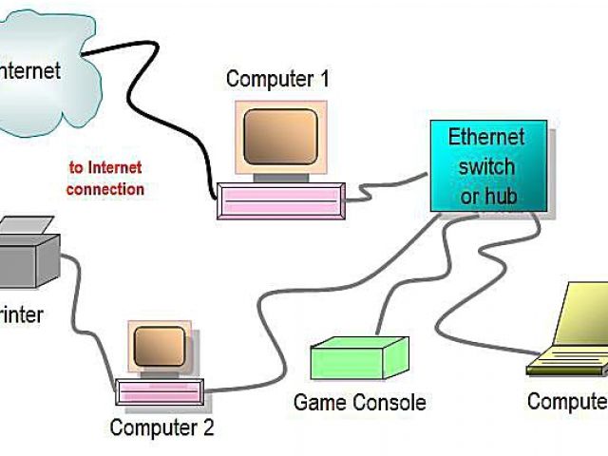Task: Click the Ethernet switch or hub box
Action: (x=487, y=165)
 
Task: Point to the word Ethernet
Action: (x=486, y=137)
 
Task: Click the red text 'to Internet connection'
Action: (x=105, y=179)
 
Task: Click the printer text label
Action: (x=21, y=314)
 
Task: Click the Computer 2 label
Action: (x=161, y=427)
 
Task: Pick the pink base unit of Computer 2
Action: (x=160, y=390)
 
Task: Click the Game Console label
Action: (x=359, y=402)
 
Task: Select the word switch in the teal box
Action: (x=486, y=166)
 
